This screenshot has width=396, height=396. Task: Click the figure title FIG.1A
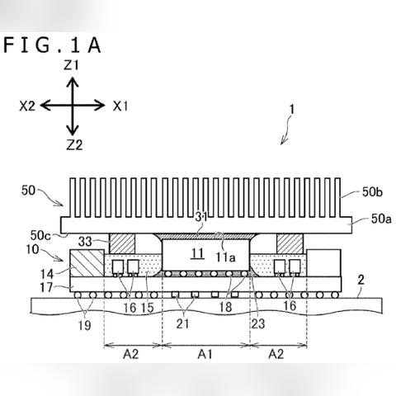[52, 45]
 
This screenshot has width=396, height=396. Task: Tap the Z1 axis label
[71, 65]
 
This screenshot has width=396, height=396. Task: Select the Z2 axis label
[74, 145]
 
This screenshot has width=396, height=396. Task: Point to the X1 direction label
[120, 106]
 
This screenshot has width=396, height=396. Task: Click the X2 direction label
[27, 106]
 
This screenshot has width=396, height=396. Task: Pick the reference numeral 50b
[372, 192]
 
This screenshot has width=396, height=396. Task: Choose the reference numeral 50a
[381, 219]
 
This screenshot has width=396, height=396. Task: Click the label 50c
[40, 236]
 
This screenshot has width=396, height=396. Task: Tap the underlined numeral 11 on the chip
[197, 254]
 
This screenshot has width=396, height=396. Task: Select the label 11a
[225, 257]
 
